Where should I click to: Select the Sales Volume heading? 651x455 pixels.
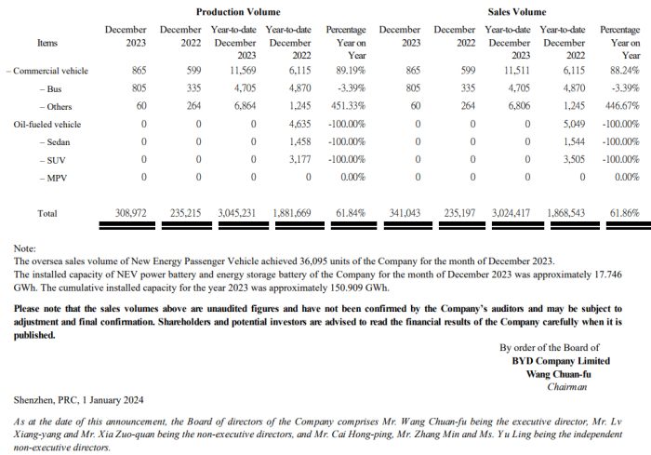(x=516, y=12)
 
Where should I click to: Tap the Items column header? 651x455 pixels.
(x=46, y=43)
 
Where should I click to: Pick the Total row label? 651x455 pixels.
(x=47, y=213)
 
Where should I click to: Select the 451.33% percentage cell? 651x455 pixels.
(x=345, y=106)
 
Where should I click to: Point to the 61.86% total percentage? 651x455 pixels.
(x=622, y=213)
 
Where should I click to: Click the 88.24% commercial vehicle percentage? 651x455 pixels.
(x=622, y=71)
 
